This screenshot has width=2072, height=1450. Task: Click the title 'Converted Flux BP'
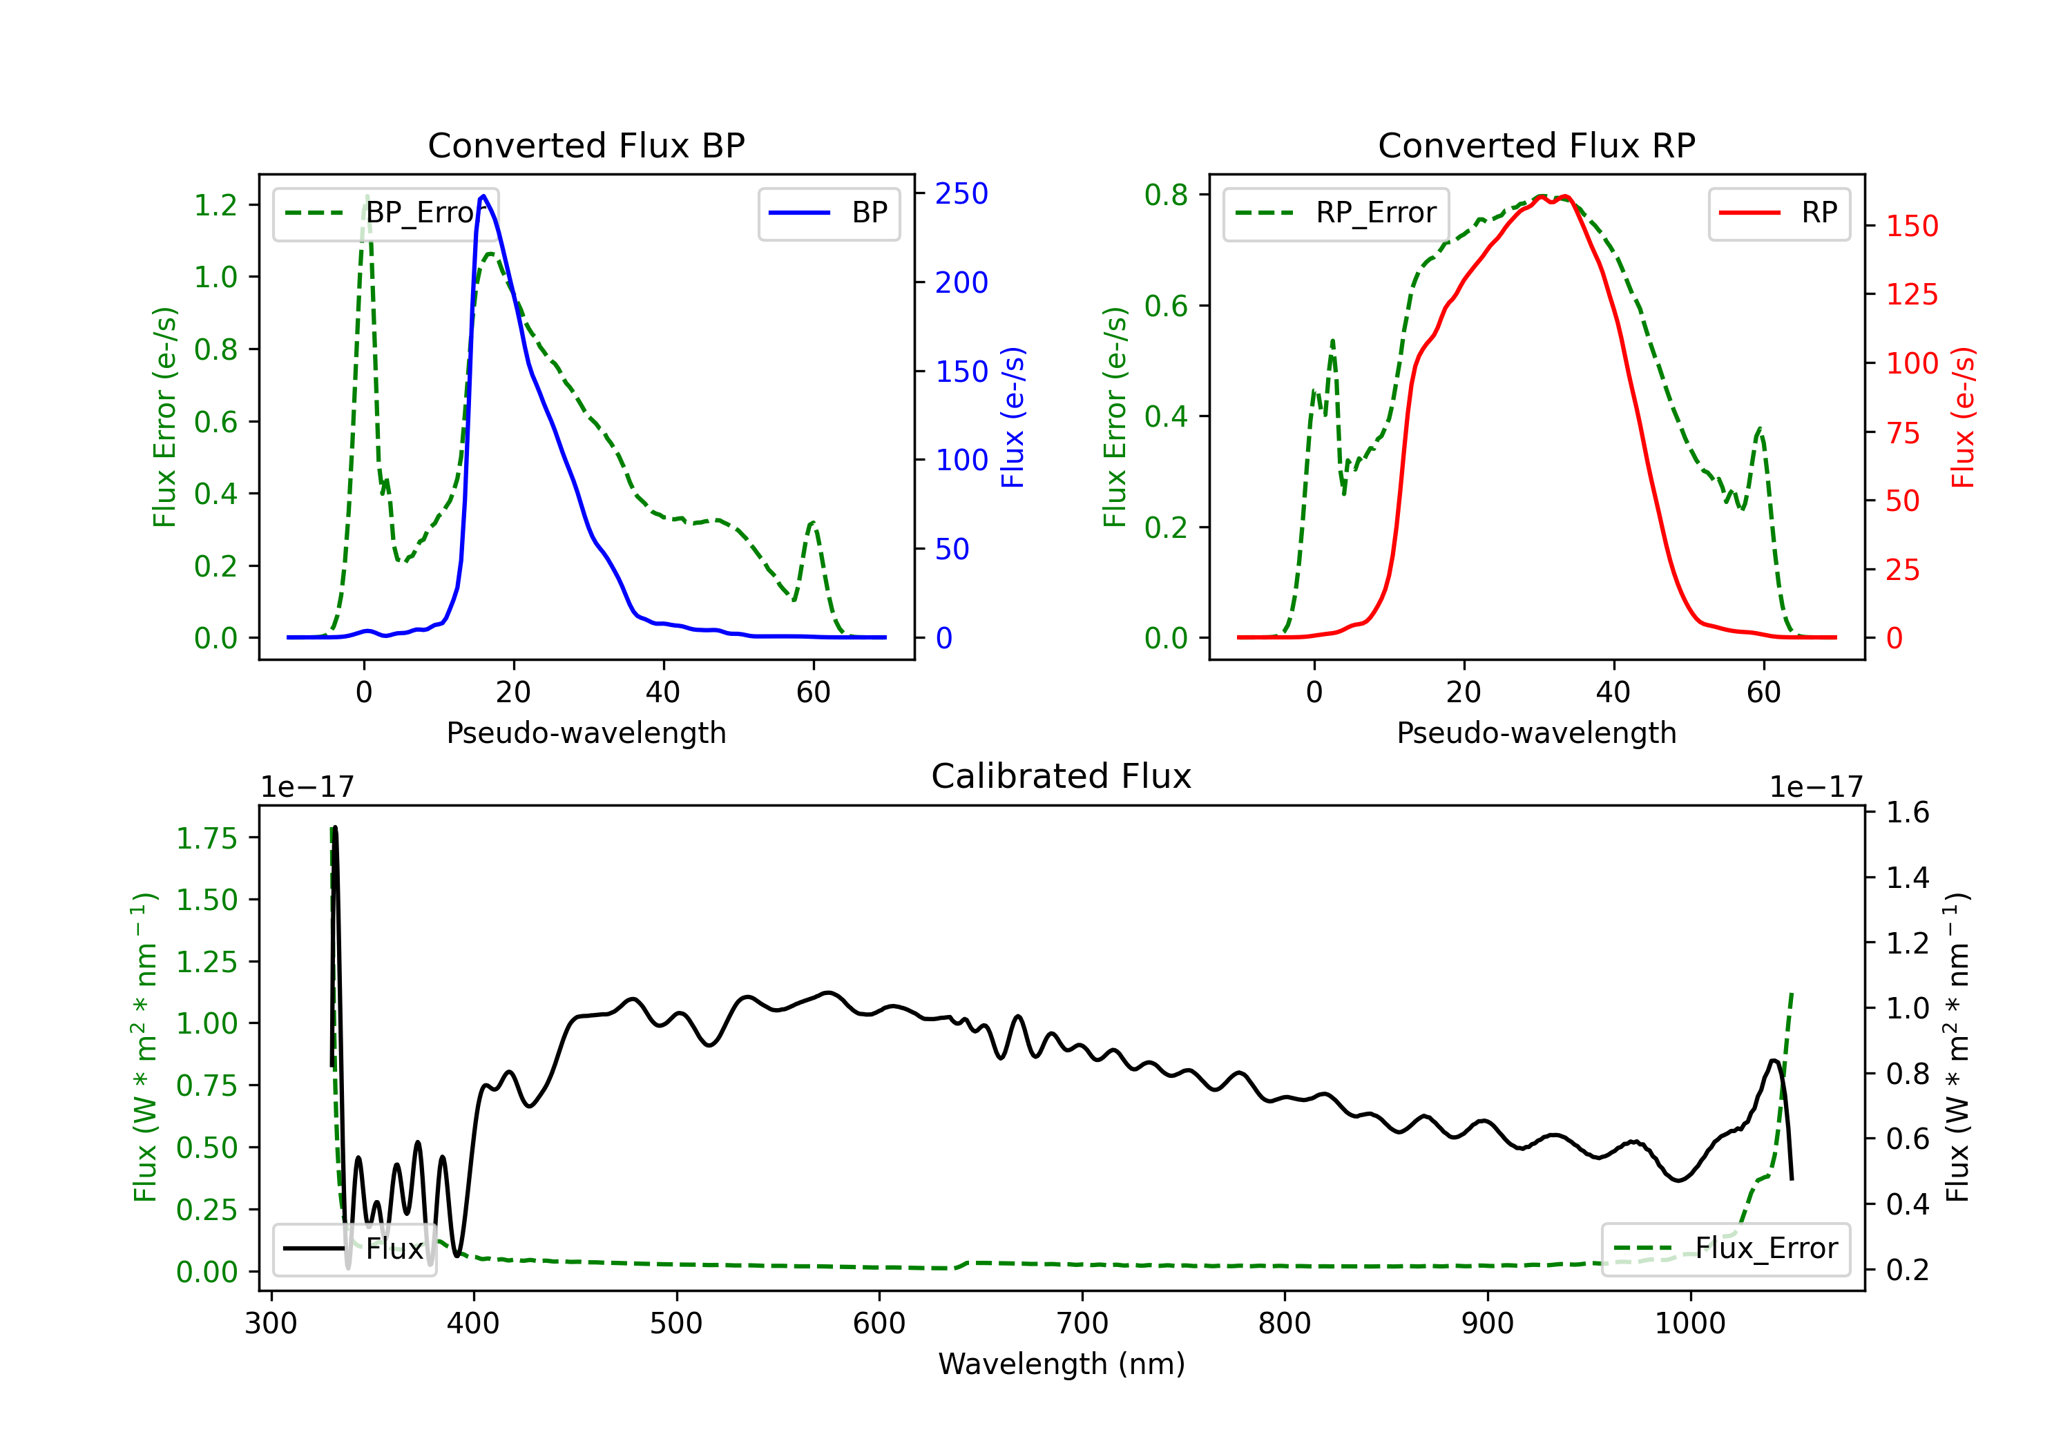(586, 145)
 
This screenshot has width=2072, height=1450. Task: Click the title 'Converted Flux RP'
(1536, 145)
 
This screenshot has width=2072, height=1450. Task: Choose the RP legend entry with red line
(1778, 213)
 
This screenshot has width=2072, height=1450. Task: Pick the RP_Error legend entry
(1336, 213)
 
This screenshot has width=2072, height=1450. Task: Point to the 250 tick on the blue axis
(961, 193)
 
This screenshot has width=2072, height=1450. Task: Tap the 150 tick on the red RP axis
(1911, 226)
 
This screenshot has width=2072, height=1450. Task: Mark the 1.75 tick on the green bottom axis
(207, 838)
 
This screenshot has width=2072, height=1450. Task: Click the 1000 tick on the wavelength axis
(1689, 1324)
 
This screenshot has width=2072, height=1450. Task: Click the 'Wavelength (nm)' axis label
(1062, 1364)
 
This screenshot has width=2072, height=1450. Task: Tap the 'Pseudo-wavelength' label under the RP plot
(1536, 733)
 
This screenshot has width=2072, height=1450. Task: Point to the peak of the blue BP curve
(483, 196)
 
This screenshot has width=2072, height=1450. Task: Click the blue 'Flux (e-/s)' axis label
(1013, 417)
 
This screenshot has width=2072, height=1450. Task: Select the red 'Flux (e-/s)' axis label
(1964, 417)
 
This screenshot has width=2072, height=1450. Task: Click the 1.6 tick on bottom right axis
(1907, 812)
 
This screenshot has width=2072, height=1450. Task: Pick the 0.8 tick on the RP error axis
(1166, 194)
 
